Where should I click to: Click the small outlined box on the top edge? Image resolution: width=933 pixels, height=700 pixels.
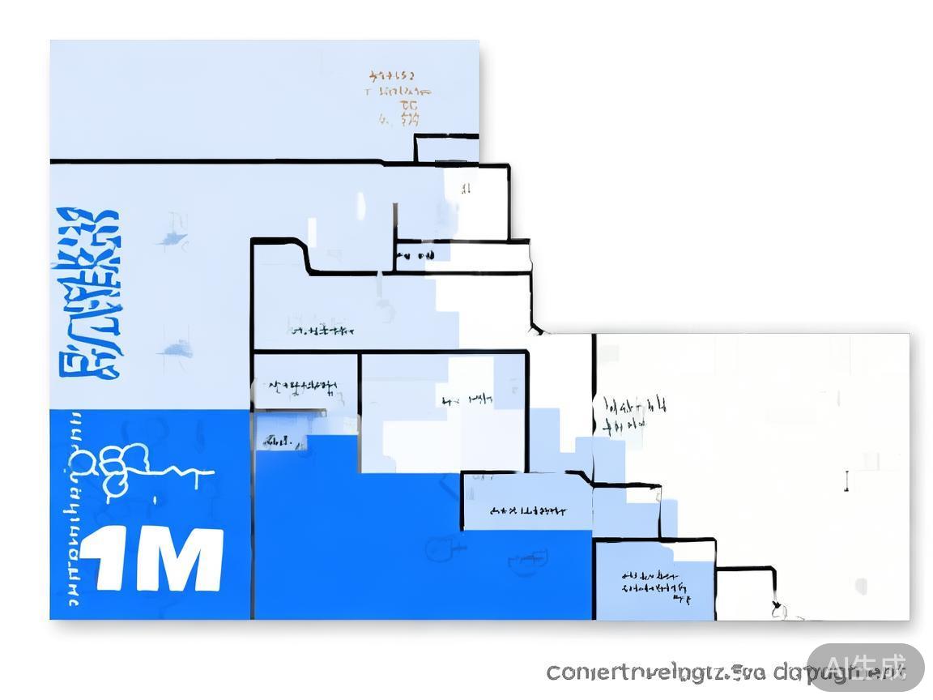tap(446, 148)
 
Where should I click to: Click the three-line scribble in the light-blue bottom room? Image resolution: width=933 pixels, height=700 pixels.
tap(657, 585)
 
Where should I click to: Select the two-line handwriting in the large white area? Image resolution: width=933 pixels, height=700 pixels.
tap(633, 413)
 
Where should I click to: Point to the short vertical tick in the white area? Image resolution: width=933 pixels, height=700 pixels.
tap(847, 481)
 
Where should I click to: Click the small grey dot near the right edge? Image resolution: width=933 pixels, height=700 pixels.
tap(860, 585)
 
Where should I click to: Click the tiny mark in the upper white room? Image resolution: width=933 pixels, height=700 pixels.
tap(466, 190)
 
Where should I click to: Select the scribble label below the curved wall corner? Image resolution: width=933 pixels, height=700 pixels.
tap(322, 331)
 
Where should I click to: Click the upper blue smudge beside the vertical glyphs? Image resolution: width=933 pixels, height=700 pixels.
tap(172, 238)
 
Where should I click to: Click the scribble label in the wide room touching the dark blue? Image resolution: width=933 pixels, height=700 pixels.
tap(529, 511)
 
